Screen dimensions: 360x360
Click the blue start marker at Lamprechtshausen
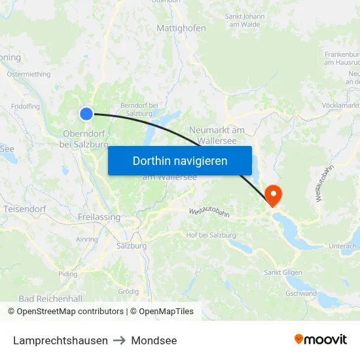86,114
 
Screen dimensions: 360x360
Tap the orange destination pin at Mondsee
272,194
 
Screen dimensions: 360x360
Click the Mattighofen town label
181,28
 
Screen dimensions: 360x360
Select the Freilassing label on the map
99,217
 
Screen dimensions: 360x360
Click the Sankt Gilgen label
283,272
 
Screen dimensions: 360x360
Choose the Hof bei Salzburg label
211,235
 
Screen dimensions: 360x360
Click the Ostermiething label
28,75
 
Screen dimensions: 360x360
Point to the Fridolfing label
26,106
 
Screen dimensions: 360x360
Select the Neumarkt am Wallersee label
217,135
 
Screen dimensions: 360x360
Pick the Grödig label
128,291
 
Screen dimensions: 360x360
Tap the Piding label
67,274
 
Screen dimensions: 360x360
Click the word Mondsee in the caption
154,340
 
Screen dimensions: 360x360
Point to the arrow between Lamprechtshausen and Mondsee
119,340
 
